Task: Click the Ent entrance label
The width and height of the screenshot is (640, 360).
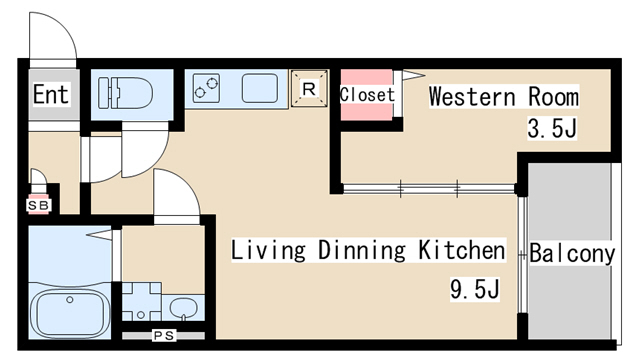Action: click(51, 94)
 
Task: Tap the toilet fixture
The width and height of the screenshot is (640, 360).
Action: click(125, 93)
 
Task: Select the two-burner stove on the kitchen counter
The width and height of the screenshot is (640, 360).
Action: click(206, 88)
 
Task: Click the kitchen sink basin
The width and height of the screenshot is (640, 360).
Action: click(260, 88)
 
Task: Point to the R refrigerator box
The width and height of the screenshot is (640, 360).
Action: click(309, 89)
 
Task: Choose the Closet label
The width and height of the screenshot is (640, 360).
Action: click(367, 95)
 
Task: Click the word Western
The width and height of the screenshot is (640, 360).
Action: click(472, 97)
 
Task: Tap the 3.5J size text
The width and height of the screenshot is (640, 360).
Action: click(552, 129)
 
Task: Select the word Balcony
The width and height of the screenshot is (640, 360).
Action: click(572, 253)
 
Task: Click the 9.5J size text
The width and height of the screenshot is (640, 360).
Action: click(475, 289)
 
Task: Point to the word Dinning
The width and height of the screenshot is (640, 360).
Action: click(362, 250)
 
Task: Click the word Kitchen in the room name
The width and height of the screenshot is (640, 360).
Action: click(462, 250)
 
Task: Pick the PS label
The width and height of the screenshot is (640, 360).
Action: click(164, 336)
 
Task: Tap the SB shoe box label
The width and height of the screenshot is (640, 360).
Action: click(39, 205)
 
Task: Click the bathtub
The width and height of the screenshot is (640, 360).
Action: click(70, 312)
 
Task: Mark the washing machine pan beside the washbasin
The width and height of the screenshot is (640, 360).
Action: click(142, 301)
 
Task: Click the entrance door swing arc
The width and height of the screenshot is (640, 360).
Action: click(63, 24)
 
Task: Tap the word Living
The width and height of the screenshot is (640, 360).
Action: click(268, 250)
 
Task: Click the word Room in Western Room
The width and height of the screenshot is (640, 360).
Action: click(553, 97)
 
